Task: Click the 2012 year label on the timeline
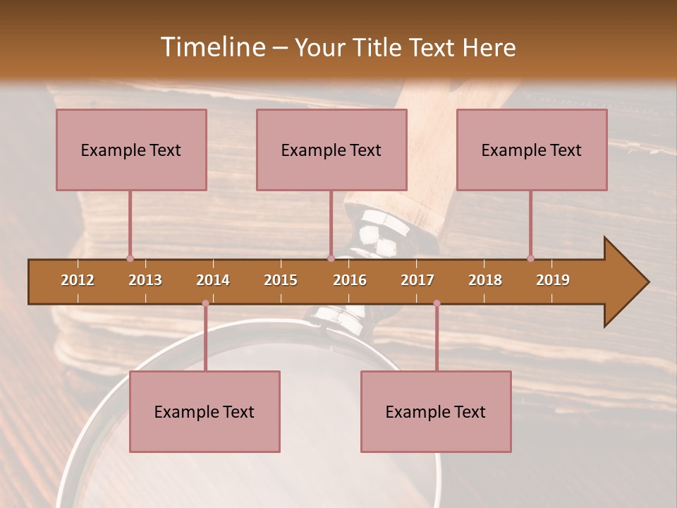(x=78, y=280)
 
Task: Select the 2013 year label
(x=145, y=280)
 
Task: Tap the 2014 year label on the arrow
(x=213, y=280)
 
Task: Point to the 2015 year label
(x=281, y=280)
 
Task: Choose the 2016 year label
(x=350, y=280)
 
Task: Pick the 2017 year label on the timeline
(x=417, y=280)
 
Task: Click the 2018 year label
(x=485, y=280)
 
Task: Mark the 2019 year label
(x=553, y=280)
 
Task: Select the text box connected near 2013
(x=131, y=150)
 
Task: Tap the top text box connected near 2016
(x=331, y=150)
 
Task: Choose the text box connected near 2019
(x=532, y=150)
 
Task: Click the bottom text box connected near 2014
(x=205, y=411)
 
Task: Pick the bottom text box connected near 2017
(x=436, y=411)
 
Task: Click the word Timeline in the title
(x=212, y=47)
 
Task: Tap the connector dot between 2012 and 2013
(x=130, y=258)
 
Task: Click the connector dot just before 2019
(x=530, y=258)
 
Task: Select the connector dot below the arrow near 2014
(x=205, y=303)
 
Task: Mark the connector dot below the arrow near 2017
(x=437, y=303)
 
